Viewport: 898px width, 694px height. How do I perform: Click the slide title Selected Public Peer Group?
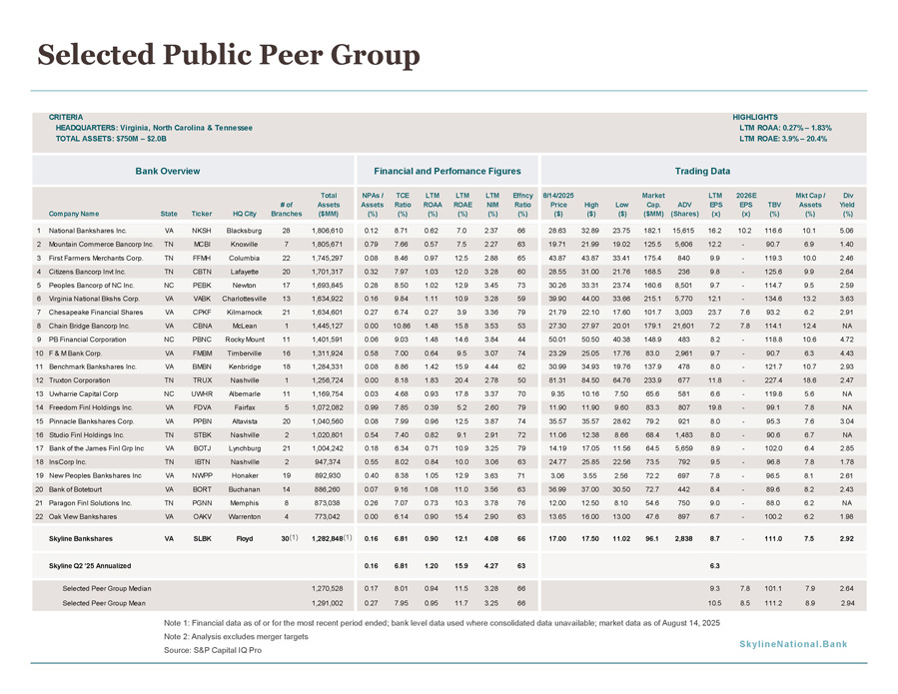(229, 56)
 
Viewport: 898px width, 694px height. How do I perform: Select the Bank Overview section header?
(167, 171)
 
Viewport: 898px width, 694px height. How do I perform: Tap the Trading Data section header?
(702, 171)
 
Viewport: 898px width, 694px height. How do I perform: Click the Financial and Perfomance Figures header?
(448, 171)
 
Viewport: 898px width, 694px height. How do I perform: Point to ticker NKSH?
(202, 231)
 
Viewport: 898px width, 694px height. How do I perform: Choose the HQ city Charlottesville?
(244, 299)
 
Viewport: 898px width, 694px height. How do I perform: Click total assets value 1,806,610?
(328, 231)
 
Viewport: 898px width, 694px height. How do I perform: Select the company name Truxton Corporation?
(79, 380)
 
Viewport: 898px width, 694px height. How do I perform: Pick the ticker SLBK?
(202, 539)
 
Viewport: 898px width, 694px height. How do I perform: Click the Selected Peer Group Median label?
(107, 588)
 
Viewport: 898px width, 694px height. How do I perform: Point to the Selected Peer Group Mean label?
(104, 603)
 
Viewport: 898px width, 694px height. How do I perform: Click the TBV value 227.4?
(773, 380)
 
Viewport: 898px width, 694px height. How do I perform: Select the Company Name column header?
(74, 214)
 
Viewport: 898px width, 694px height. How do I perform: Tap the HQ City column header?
(245, 214)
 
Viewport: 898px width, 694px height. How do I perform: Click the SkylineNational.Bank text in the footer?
(793, 644)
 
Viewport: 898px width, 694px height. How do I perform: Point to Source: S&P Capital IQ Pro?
(213, 650)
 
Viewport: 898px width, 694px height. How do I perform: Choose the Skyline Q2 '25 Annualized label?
(90, 566)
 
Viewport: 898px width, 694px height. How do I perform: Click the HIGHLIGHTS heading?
(755, 118)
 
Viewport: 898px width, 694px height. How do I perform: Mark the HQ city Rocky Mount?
(245, 340)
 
